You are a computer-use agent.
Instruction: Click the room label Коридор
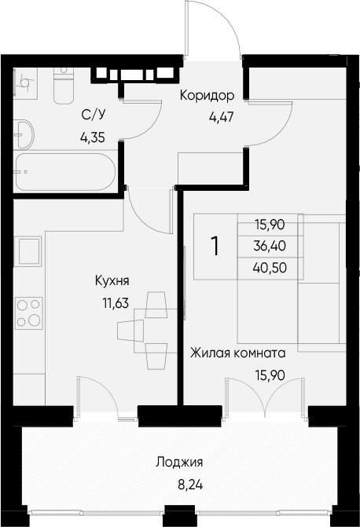point(207,96)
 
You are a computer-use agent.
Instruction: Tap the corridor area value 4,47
point(221,117)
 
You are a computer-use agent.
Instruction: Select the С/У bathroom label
point(94,115)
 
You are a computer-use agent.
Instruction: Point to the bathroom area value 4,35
point(93,137)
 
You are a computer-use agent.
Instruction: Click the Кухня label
point(112,280)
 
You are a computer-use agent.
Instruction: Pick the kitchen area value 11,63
point(116,303)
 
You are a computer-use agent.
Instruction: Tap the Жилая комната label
point(238,353)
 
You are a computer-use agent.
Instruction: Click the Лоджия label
point(179,463)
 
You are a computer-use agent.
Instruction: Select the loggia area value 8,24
point(190,485)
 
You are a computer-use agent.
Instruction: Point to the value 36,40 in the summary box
point(270,247)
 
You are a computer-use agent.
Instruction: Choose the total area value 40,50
point(270,268)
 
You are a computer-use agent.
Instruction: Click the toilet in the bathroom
point(64,86)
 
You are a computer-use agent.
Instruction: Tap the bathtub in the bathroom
point(66,172)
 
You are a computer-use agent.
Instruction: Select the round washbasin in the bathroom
point(24,134)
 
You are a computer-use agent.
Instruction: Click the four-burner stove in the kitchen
point(28,313)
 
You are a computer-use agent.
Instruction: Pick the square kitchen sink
point(28,251)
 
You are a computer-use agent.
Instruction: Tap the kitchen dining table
point(156,331)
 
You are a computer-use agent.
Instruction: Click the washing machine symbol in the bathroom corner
point(26,83)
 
